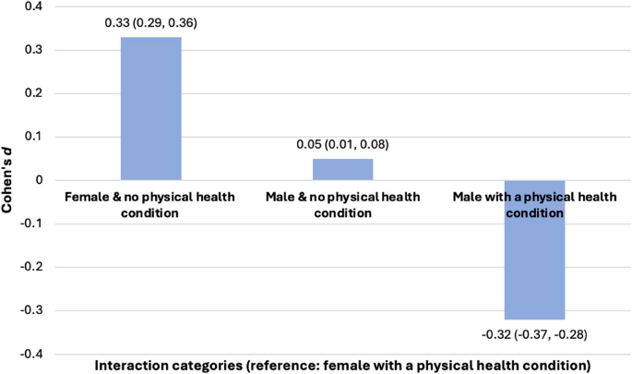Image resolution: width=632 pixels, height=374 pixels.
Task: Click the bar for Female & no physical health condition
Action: [150, 108]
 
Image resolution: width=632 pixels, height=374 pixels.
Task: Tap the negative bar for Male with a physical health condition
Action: [527, 249]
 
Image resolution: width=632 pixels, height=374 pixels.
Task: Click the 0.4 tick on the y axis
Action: [31, 6]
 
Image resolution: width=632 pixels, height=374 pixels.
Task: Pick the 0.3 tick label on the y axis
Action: [31, 50]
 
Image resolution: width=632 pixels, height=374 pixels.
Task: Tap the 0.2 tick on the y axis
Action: [31, 93]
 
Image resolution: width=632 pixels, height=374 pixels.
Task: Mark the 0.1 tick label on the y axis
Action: [31, 137]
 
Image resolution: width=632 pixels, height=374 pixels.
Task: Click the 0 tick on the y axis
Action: [38, 180]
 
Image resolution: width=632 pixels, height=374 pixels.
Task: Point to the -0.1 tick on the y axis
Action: [30, 223]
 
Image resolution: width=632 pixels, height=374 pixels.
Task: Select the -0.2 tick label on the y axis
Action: [30, 267]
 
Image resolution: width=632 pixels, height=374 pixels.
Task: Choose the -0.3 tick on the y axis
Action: [30, 310]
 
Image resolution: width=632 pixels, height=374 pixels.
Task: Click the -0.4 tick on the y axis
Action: [30, 354]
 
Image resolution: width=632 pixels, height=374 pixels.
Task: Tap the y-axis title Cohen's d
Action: [8, 180]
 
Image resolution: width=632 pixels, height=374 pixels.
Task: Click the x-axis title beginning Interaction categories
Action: [342, 365]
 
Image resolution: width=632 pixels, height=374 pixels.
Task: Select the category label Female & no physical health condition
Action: [150, 204]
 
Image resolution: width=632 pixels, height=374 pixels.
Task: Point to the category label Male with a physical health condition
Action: [527, 204]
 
